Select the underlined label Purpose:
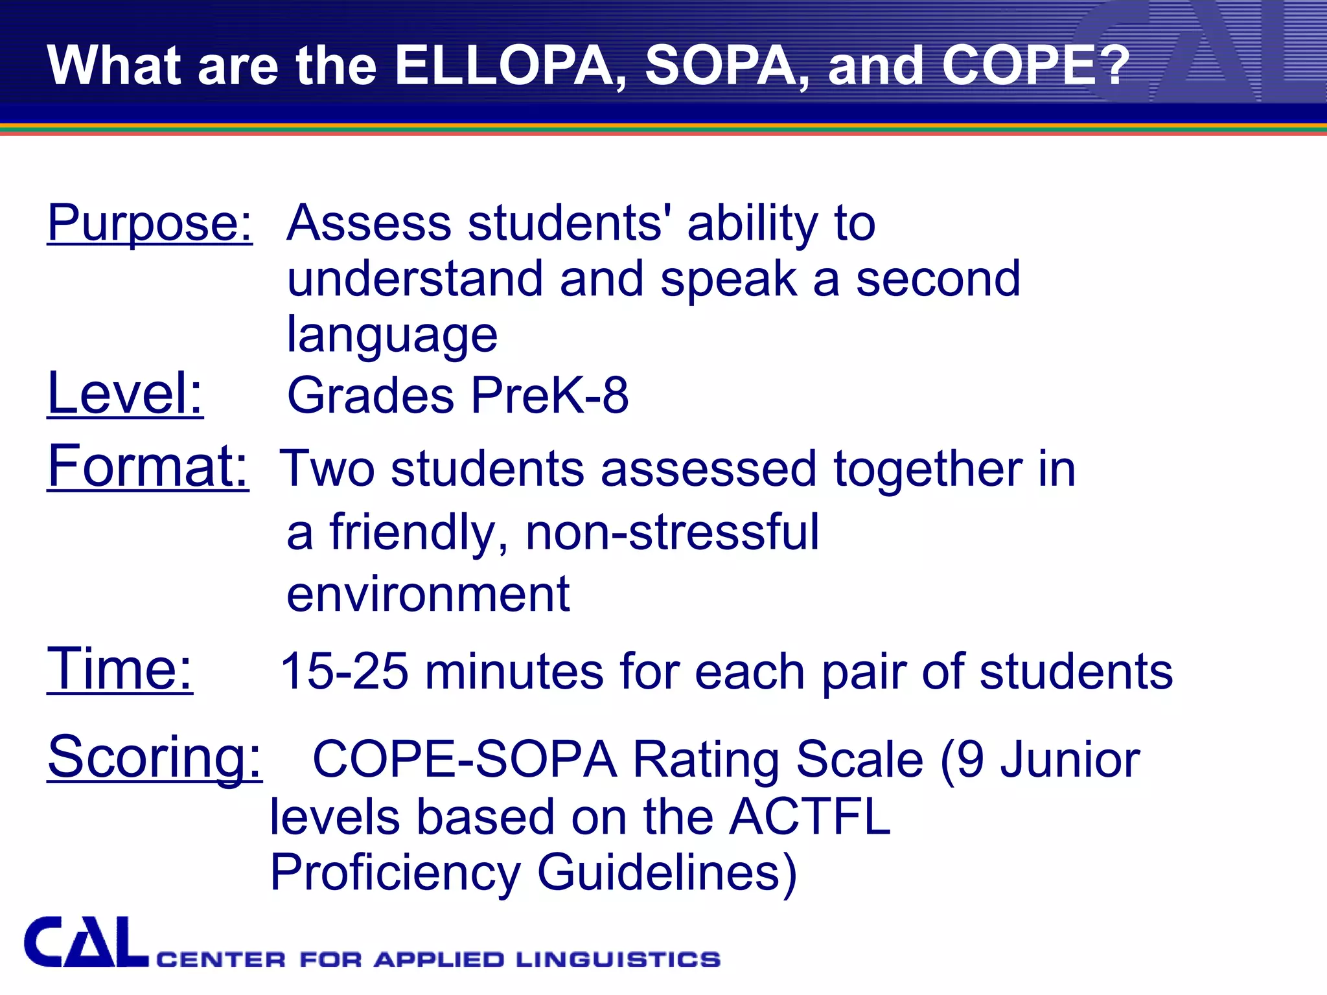point(150,223)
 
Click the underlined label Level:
point(125,394)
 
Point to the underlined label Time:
point(120,669)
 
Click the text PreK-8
point(549,395)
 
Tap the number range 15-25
point(344,672)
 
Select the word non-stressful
point(672,532)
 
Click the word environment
point(428,594)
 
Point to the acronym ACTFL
point(810,817)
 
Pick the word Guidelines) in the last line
point(667,873)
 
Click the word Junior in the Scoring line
point(1070,760)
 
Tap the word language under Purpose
point(392,336)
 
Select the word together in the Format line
point(927,469)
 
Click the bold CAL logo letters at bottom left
point(86,943)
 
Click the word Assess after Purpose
point(369,223)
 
